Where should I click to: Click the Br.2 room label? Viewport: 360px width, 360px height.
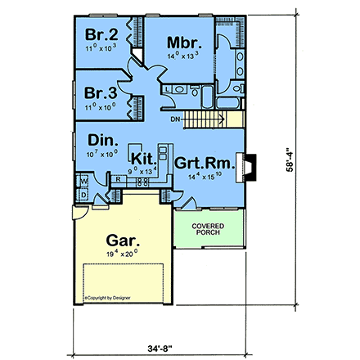point(103,36)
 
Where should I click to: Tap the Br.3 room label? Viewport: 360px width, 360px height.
point(103,92)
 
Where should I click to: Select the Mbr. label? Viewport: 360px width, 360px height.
point(179,43)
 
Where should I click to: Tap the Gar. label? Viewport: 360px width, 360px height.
point(124,241)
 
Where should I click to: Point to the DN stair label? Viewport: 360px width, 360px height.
point(175,119)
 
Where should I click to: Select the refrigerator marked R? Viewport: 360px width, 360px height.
point(119,179)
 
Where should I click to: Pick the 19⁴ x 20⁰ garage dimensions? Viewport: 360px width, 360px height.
point(124,256)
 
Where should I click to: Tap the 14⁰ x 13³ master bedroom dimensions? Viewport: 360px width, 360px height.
point(179,57)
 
